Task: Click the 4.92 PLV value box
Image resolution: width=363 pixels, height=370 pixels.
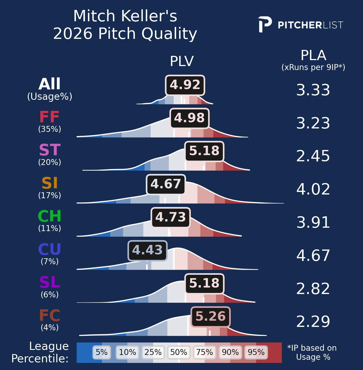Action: (x=185, y=85)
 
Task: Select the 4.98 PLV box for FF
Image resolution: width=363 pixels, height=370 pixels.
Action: (x=189, y=118)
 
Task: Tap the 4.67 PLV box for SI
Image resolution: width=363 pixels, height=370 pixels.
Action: (x=166, y=185)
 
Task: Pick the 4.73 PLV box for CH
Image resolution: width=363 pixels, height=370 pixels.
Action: (x=170, y=217)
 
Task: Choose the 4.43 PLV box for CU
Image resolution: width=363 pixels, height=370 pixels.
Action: (x=147, y=251)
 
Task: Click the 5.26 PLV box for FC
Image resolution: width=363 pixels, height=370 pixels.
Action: (x=210, y=317)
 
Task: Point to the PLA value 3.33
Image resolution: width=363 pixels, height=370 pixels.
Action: (x=313, y=90)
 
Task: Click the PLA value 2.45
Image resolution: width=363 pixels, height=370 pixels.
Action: (x=313, y=156)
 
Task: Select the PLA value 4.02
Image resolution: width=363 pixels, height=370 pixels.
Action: (x=313, y=189)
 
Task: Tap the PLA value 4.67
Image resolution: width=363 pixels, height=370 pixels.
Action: (x=313, y=255)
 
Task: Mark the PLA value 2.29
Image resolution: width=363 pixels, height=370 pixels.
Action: (x=313, y=322)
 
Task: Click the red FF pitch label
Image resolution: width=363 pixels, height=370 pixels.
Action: (x=49, y=117)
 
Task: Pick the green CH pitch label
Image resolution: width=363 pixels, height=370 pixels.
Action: (x=50, y=216)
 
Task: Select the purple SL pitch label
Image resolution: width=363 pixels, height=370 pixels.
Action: (x=50, y=282)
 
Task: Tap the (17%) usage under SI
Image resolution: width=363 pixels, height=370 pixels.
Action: (x=50, y=195)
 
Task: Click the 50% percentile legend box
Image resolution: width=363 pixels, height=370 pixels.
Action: (x=179, y=352)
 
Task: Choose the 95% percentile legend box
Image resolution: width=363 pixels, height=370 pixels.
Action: (x=256, y=352)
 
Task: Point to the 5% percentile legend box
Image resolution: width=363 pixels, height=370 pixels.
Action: (x=102, y=352)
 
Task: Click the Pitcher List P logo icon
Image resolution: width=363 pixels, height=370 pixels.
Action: (x=265, y=24)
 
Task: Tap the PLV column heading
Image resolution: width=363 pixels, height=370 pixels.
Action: (x=182, y=62)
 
